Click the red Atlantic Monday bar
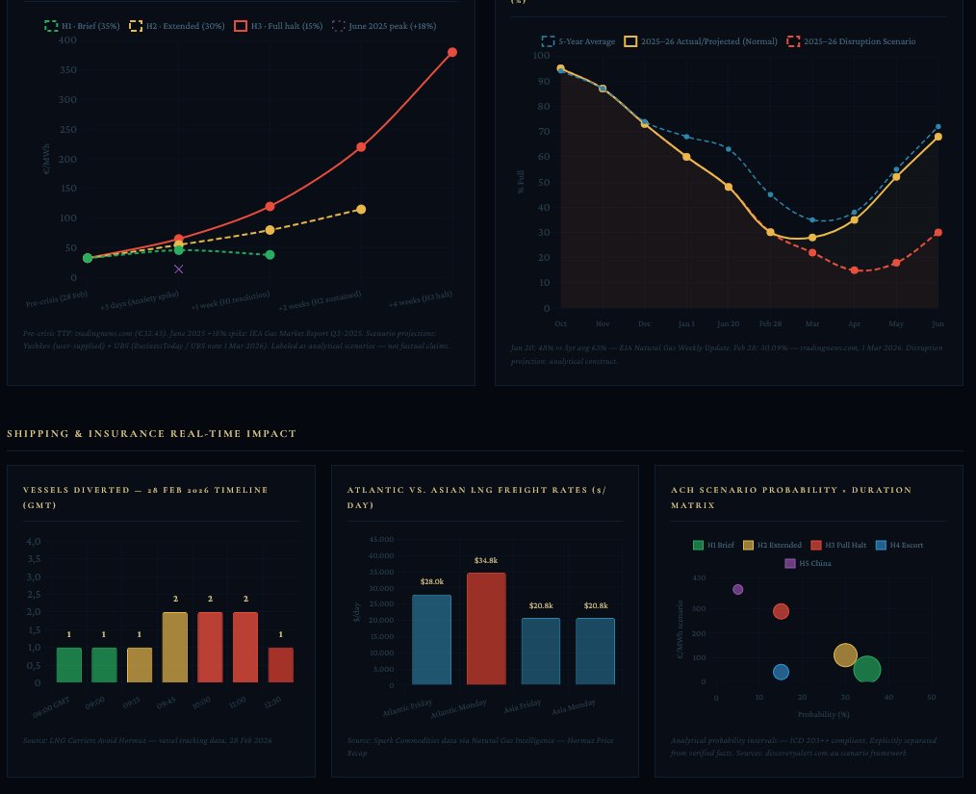point(486,628)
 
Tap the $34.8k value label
point(486,560)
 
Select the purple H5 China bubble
point(737,589)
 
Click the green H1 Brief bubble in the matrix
point(867,670)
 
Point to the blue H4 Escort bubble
point(781,672)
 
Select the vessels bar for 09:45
point(175,647)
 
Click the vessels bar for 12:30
point(280,664)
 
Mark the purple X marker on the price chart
point(179,269)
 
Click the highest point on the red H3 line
point(451,52)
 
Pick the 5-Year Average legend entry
point(578,41)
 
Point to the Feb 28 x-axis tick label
point(770,323)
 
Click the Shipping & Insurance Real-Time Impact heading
point(152,434)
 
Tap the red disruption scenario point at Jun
point(937,232)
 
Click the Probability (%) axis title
point(823,714)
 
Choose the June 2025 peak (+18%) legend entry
point(384,26)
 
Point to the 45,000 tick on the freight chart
point(381,539)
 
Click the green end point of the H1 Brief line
point(270,254)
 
